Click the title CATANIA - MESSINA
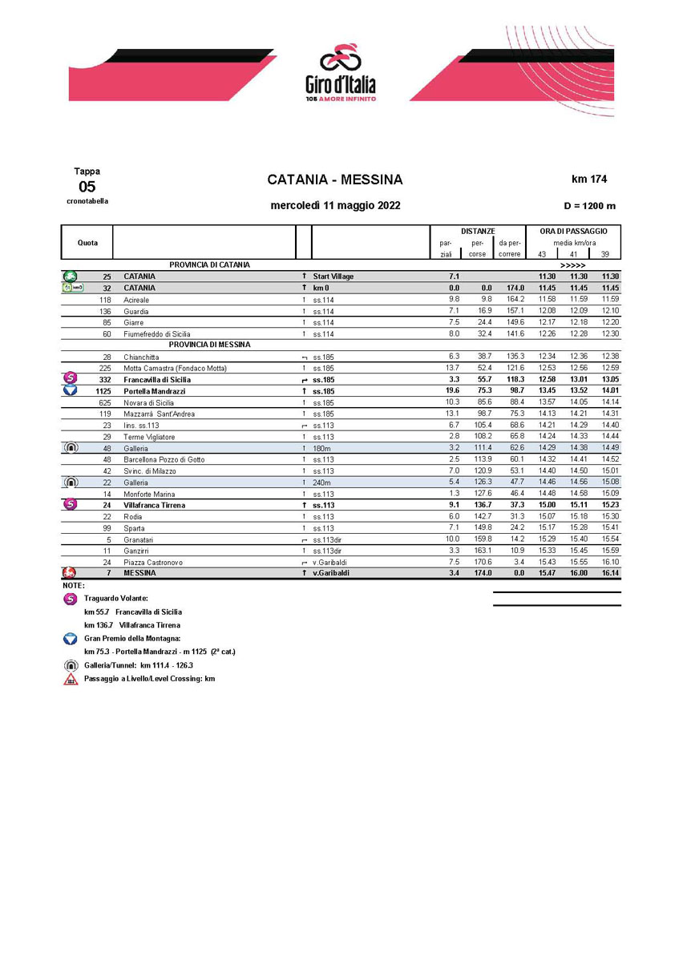[x=335, y=180]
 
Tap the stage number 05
[x=87, y=187]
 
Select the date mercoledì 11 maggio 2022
[x=335, y=205]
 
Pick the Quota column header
[x=88, y=242]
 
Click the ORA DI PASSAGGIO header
[x=573, y=231]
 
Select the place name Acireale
[x=137, y=299]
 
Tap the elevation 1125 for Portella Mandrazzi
[x=101, y=390]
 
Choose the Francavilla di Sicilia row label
[x=157, y=379]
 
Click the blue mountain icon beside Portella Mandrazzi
[x=70, y=390]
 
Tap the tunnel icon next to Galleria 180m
[x=70, y=448]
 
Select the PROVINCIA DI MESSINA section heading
[x=210, y=345]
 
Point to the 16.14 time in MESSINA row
[x=610, y=573]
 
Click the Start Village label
[x=333, y=276]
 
